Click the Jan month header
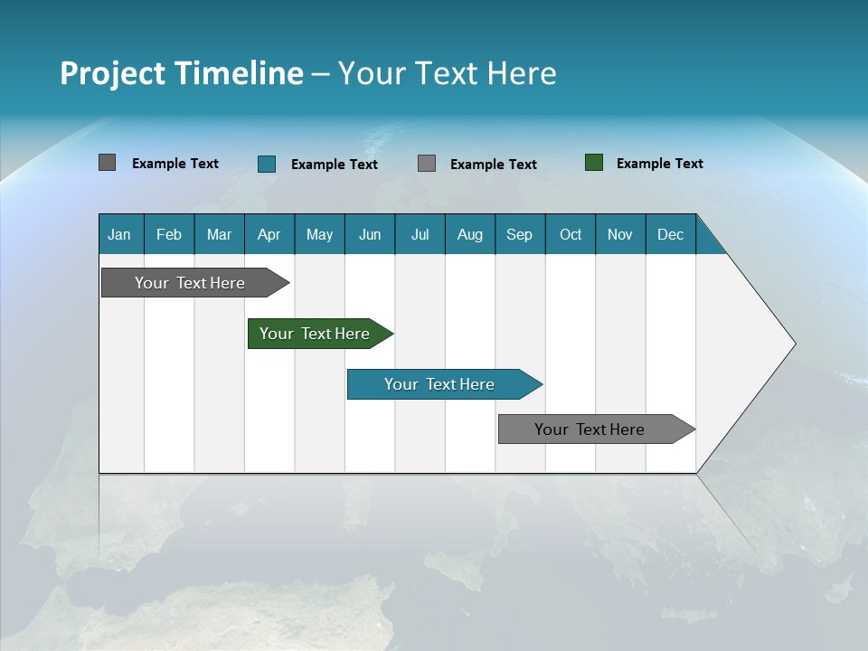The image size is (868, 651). [x=120, y=234]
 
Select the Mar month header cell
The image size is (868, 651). [x=219, y=234]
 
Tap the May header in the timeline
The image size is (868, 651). [x=319, y=234]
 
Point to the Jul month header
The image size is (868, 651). [x=420, y=234]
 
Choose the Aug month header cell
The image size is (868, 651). [x=470, y=234]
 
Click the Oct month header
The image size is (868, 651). [x=571, y=234]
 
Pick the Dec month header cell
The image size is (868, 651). [x=670, y=234]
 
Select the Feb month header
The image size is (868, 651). [x=169, y=234]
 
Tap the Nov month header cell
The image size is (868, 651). [x=620, y=234]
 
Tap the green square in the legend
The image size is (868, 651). [x=594, y=163]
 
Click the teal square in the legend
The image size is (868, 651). [x=267, y=164]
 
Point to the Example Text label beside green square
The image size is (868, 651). [x=659, y=163]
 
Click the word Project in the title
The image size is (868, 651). [x=113, y=73]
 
